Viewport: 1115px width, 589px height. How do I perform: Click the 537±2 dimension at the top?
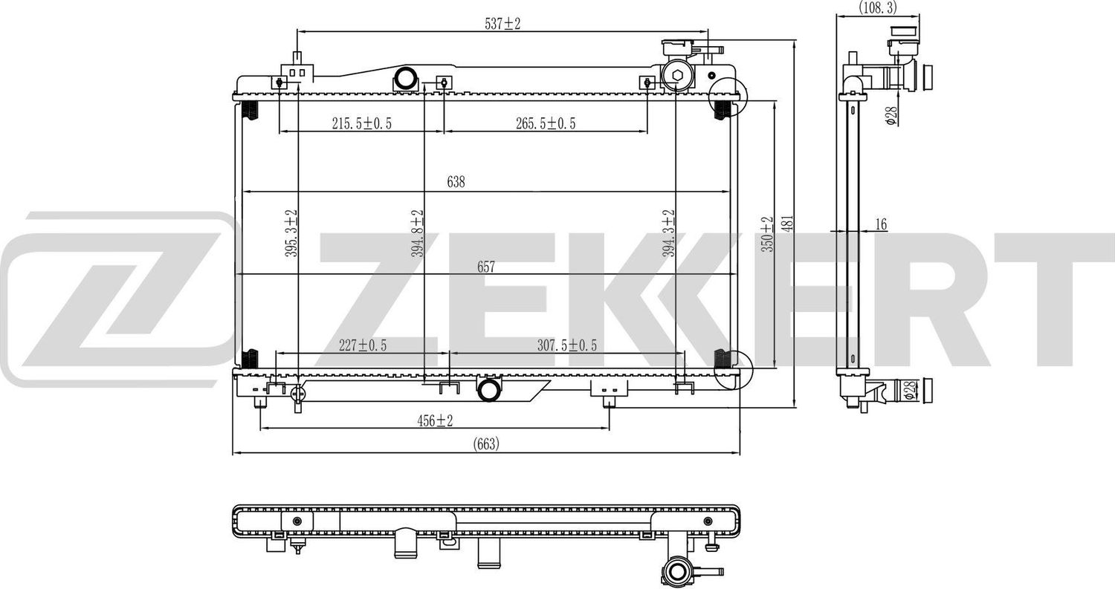point(502,23)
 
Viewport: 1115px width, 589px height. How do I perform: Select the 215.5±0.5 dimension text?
point(362,123)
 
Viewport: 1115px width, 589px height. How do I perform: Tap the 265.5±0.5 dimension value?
point(546,123)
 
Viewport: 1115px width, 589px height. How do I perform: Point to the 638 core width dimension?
point(456,182)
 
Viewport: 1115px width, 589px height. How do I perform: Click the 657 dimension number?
point(486,267)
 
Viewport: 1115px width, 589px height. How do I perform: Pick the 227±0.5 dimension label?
point(363,345)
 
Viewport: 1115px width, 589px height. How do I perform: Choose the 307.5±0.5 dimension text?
point(567,345)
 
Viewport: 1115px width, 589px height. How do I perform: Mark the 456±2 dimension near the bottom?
point(435,421)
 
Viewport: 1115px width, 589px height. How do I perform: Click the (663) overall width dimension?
point(486,443)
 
